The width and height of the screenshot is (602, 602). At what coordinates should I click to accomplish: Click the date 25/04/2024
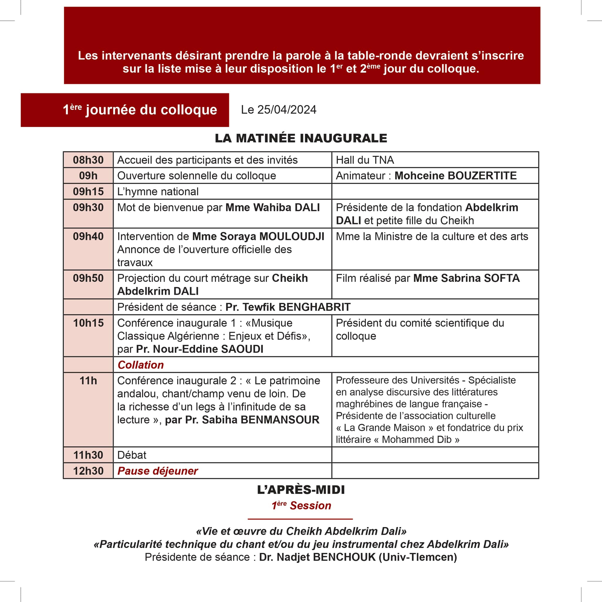(286, 110)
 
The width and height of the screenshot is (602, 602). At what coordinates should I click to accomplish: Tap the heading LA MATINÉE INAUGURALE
(301, 138)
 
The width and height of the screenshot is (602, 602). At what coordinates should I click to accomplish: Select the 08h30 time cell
(88, 160)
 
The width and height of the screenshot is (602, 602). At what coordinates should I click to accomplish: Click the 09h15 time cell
(88, 191)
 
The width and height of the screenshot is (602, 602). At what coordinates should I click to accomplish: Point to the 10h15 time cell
(88, 323)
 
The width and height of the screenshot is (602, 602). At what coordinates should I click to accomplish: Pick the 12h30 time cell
(88, 471)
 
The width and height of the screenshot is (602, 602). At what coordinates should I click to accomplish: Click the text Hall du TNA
(364, 160)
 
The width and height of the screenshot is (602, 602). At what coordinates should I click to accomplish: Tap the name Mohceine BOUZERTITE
(455, 176)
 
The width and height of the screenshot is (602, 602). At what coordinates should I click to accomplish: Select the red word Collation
(141, 365)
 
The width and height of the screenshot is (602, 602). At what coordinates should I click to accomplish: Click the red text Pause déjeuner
(157, 471)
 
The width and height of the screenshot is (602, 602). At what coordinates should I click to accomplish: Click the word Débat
(131, 455)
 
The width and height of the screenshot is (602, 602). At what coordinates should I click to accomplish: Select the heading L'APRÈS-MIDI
(301, 490)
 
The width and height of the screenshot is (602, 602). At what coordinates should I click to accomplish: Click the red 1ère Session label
(301, 506)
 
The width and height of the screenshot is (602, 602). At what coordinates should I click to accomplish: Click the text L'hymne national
(158, 191)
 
